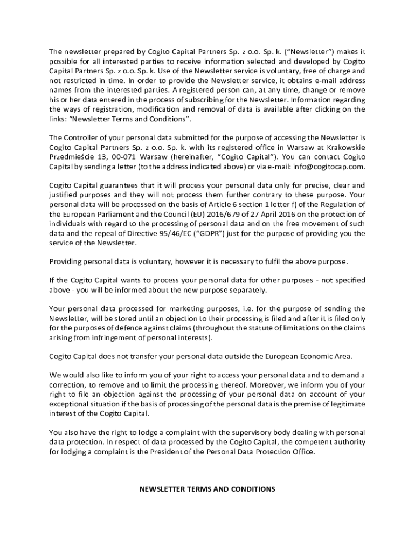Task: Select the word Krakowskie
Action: [x=347, y=147]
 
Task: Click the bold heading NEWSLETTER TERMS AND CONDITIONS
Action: [x=207, y=489]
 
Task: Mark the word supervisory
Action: [x=247, y=432]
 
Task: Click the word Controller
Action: [x=80, y=137]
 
